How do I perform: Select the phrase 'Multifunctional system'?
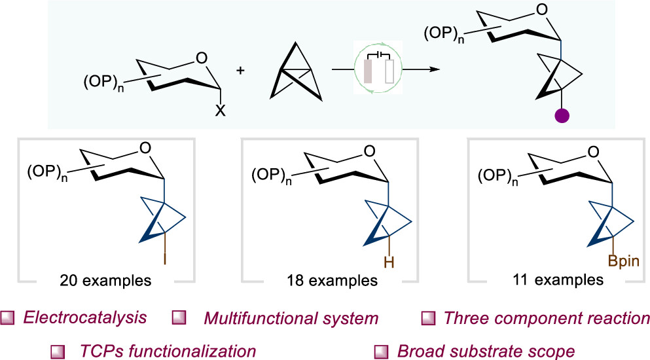tap(291, 319)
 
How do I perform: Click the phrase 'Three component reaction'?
tap(547, 319)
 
